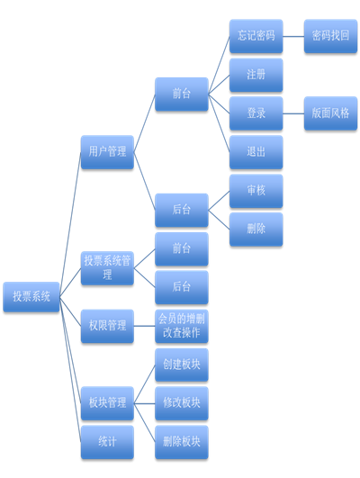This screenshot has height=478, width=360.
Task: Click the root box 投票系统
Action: [31, 297]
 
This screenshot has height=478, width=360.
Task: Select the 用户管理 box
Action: [107, 152]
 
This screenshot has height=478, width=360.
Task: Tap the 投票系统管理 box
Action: [107, 268]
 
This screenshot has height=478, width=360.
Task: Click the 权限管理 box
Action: [107, 326]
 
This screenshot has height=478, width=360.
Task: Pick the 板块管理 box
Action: [107, 403]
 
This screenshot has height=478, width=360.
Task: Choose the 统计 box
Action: [107, 442]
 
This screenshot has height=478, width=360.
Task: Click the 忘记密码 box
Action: [256, 36]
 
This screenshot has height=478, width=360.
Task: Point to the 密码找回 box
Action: [330, 36]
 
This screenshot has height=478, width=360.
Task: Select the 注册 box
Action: [256, 75]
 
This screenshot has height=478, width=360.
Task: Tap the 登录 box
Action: [256, 113]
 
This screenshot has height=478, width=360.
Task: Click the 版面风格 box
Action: [330, 113]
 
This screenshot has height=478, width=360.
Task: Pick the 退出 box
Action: [256, 152]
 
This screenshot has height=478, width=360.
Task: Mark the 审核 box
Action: [256, 191]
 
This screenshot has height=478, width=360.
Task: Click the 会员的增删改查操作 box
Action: [182, 326]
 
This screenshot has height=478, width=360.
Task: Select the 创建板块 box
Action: [182, 365]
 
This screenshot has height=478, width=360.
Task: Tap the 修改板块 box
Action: [182, 403]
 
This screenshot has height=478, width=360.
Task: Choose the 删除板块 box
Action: [182, 442]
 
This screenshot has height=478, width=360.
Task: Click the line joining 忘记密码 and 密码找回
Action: [293, 36]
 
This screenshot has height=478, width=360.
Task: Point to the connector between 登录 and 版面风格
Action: [293, 113]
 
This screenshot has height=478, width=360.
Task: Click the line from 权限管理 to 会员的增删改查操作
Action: [145, 326]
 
